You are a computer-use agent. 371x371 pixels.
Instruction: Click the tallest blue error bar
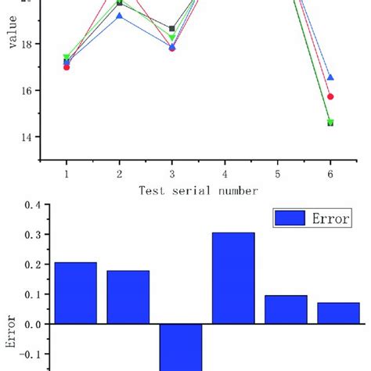233,278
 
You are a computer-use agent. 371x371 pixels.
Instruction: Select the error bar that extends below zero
180,347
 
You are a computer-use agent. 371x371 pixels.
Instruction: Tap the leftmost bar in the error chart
76,293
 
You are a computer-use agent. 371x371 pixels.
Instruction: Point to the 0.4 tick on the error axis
32,205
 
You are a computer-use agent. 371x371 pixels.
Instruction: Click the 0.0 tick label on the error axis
32,324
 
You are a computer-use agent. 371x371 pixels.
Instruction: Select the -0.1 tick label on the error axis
30,354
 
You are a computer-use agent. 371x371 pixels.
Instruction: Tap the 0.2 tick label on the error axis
32,265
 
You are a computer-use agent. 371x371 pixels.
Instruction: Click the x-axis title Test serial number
198,190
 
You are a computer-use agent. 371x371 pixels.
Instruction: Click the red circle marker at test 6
330,96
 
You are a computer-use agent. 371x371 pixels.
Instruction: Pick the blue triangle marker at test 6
330,77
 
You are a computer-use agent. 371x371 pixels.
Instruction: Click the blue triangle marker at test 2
119,16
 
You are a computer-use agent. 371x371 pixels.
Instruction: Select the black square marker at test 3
172,29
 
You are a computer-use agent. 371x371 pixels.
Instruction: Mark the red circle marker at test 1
67,67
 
